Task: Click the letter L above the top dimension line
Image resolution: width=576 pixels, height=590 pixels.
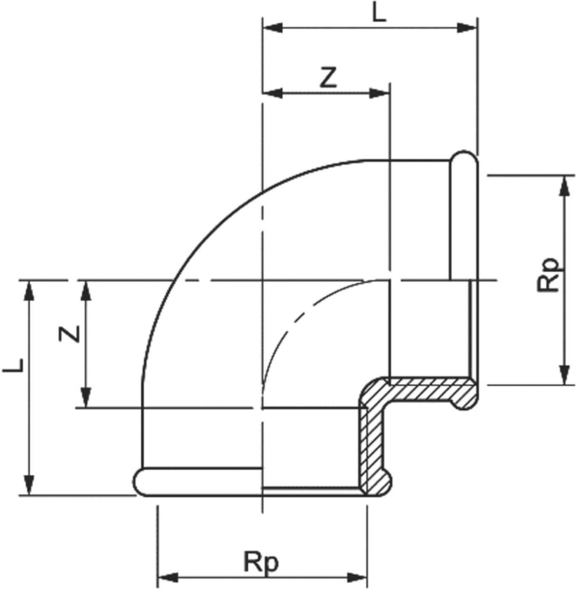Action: click(x=379, y=13)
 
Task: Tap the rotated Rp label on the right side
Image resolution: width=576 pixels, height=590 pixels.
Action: click(x=548, y=275)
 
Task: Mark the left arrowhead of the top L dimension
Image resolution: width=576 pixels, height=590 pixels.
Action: click(x=272, y=28)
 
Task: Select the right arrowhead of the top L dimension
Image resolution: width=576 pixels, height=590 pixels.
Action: click(x=467, y=28)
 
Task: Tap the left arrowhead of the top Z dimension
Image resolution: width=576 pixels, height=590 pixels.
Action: click(x=272, y=93)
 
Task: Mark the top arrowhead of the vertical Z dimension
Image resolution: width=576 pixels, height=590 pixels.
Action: click(x=86, y=290)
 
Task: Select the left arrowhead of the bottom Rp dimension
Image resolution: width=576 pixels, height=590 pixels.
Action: click(x=167, y=577)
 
